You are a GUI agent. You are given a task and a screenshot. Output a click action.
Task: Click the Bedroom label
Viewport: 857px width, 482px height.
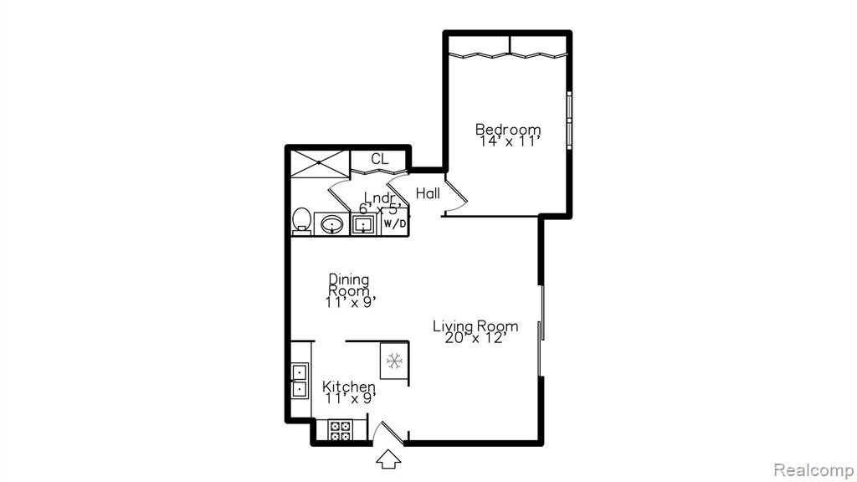508,130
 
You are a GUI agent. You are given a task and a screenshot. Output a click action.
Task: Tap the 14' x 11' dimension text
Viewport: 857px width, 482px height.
510,141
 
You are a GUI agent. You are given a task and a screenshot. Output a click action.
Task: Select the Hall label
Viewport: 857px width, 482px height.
428,193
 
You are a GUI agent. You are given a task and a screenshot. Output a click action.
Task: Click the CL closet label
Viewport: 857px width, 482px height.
379,159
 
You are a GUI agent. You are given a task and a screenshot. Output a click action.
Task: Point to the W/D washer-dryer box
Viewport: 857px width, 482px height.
395,222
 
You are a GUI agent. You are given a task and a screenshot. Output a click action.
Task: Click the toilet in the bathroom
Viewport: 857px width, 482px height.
301,221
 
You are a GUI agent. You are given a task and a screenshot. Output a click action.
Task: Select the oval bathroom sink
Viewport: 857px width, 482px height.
331,224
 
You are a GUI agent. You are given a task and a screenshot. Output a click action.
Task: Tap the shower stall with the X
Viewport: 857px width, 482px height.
319,163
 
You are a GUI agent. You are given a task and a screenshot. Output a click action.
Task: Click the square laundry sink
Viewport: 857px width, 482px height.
363,224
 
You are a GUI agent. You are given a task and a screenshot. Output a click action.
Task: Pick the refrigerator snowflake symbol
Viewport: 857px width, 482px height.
394,361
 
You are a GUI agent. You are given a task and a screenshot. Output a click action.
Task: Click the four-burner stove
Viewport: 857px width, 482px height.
341,429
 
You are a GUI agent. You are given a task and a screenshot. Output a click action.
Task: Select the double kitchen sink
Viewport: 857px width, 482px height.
300,381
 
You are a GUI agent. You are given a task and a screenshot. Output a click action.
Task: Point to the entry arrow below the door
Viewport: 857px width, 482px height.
388,459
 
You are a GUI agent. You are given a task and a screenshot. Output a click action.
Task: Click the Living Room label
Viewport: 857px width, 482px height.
475,326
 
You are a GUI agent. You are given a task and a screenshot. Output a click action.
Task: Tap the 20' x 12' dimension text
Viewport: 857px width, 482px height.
474,338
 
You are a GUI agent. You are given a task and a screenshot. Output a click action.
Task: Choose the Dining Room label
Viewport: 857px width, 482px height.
349,285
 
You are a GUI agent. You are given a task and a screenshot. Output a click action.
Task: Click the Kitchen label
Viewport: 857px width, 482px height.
349,387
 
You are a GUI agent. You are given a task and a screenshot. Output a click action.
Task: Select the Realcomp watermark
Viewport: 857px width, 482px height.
813,470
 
